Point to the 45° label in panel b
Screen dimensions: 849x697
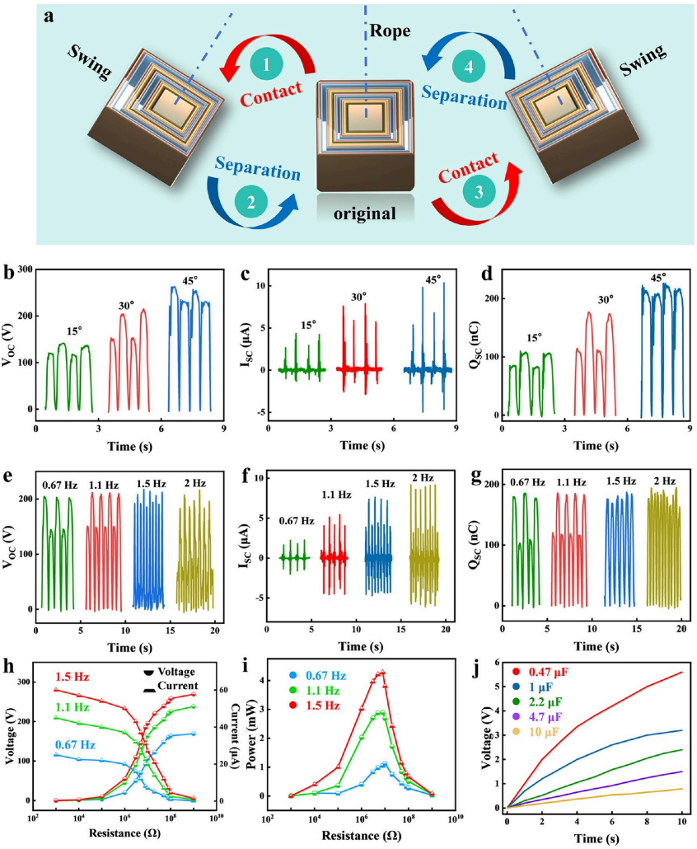point(189,281)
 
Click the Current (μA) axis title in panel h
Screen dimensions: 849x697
point(242,734)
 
